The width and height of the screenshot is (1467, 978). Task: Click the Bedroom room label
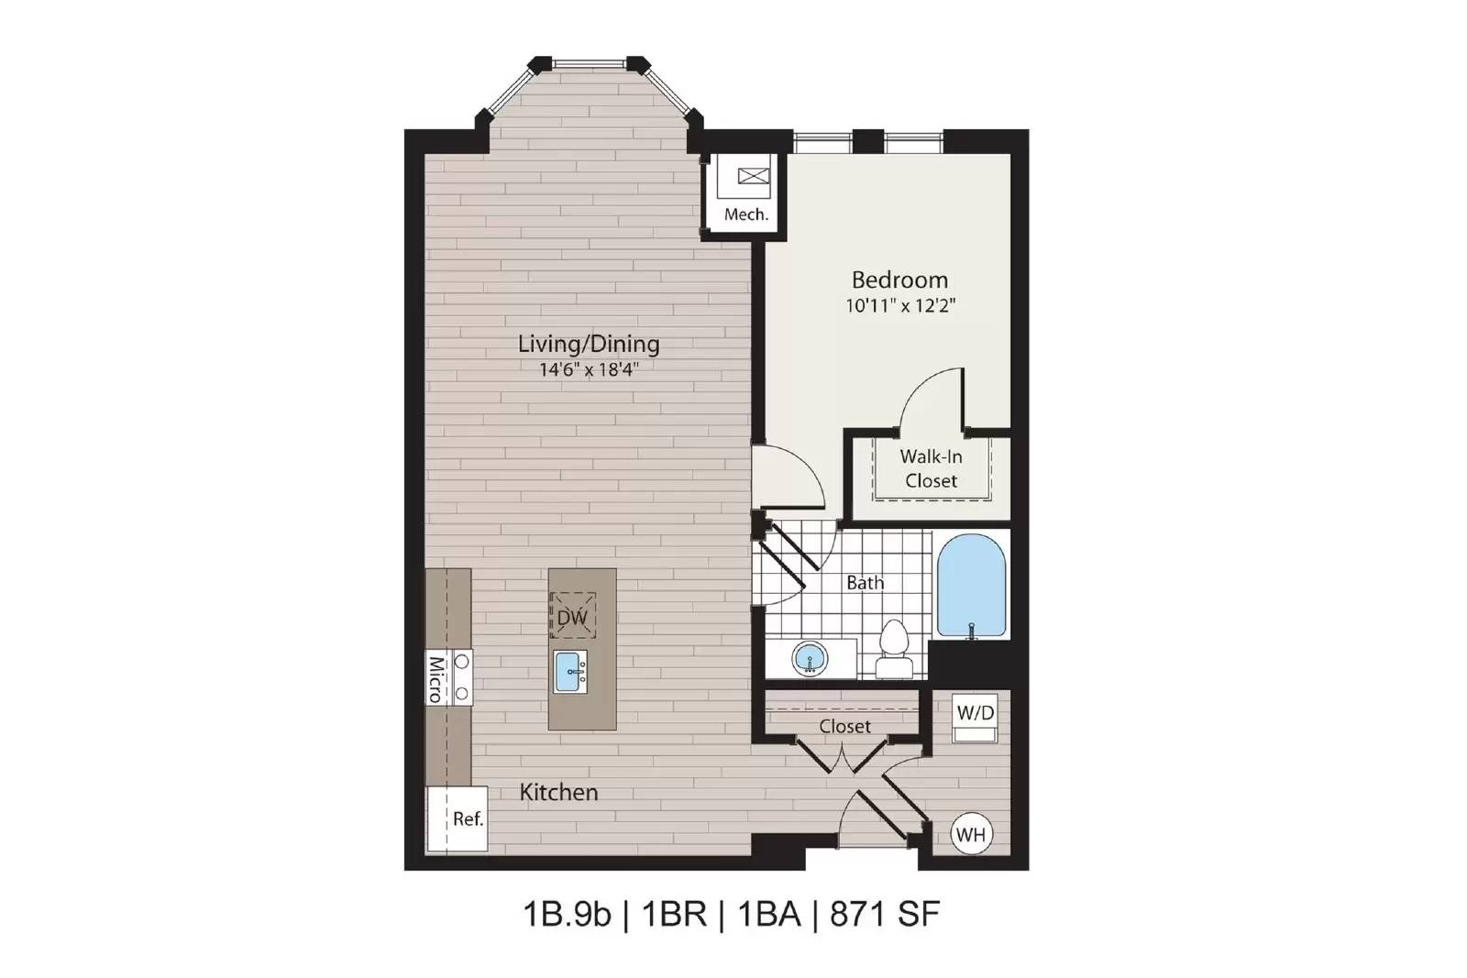tap(899, 280)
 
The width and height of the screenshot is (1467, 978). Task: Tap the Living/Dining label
tap(589, 345)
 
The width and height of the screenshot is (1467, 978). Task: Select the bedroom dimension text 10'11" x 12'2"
tap(900, 306)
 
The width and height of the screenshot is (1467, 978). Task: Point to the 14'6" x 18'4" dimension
tap(589, 370)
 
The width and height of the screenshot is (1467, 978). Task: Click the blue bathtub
tap(971, 586)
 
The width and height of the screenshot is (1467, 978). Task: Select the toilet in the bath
tap(894, 648)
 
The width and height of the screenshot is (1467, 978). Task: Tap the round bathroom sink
tap(811, 658)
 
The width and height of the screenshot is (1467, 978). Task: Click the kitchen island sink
tap(569, 672)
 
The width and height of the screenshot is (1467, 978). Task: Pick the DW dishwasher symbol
tap(572, 615)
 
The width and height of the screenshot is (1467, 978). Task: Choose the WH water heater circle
tap(971, 835)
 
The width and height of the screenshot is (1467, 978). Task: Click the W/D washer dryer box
tap(976, 718)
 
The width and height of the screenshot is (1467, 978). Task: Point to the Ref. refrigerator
tap(458, 819)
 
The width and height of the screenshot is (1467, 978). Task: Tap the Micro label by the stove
tap(436, 680)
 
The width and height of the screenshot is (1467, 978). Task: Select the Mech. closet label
tap(746, 214)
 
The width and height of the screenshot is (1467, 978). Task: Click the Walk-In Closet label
tap(931, 468)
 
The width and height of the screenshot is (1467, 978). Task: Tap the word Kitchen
tap(558, 793)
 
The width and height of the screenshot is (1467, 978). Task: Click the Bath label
tap(866, 583)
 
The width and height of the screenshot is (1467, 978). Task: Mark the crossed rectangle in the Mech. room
tap(754, 175)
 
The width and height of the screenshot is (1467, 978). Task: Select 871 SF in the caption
tap(886, 915)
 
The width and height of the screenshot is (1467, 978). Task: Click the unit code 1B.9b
tap(567, 915)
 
